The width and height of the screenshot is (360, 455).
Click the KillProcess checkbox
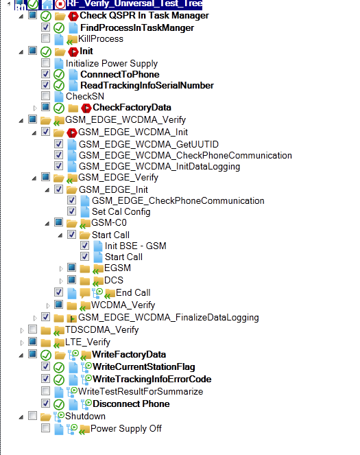[x=45, y=38]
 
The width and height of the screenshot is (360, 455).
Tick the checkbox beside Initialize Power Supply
[x=45, y=62]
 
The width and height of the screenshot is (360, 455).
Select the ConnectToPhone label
[x=120, y=74]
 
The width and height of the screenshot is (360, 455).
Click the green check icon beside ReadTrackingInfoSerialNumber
[x=59, y=86]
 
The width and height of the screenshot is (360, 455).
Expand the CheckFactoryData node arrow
[x=35, y=108]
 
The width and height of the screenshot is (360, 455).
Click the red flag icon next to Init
[x=73, y=51]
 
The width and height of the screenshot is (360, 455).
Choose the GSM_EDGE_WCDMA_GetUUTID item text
[x=149, y=144]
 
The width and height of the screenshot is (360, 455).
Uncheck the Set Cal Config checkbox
[x=71, y=211]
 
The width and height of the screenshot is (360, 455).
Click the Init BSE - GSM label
[x=135, y=246]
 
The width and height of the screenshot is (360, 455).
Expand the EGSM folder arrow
[x=61, y=269]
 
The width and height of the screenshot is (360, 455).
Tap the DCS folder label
[x=114, y=280]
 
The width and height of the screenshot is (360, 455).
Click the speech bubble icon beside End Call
[x=84, y=293]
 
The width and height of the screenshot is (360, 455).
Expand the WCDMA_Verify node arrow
[x=48, y=305]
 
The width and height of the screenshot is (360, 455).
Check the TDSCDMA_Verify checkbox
[x=32, y=329]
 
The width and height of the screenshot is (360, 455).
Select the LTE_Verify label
[x=88, y=342]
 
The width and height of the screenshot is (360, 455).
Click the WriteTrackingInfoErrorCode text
[x=152, y=379]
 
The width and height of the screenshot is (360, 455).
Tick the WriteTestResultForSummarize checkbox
[x=45, y=391]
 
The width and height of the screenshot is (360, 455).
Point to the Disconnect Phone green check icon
[x=59, y=404]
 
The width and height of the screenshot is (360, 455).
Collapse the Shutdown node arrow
[x=21, y=417]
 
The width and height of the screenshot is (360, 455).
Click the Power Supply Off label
[x=125, y=429]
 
